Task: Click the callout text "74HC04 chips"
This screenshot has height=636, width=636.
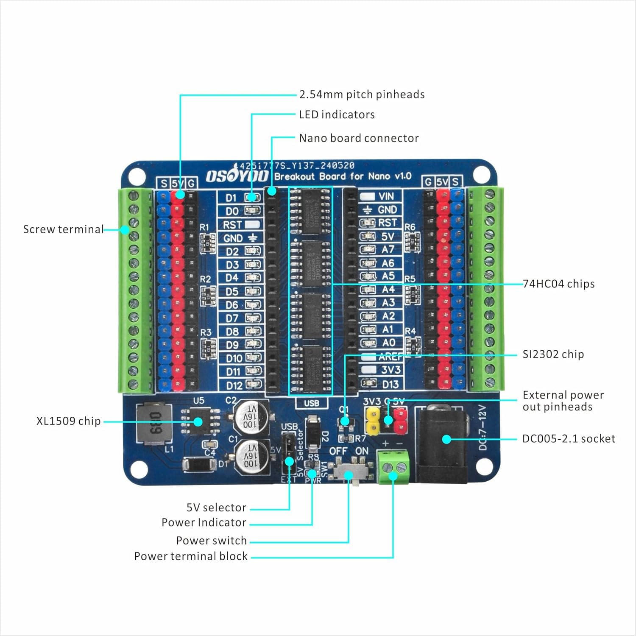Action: (x=558, y=284)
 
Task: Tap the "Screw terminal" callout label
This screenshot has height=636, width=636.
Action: (x=63, y=229)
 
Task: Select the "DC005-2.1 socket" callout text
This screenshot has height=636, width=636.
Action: (x=568, y=438)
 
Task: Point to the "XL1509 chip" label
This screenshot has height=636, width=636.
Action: (x=68, y=421)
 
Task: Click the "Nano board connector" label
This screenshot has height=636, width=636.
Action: (x=359, y=138)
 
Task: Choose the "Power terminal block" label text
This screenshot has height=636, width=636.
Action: (x=191, y=556)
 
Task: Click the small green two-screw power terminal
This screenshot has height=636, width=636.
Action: (x=393, y=467)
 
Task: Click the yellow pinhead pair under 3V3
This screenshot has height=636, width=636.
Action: (x=373, y=421)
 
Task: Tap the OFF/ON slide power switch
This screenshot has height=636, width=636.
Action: (x=350, y=471)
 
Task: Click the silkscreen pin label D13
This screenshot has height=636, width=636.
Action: (x=390, y=385)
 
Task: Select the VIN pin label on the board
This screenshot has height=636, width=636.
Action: (x=386, y=196)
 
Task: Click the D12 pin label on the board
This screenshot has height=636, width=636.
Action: (x=234, y=385)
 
